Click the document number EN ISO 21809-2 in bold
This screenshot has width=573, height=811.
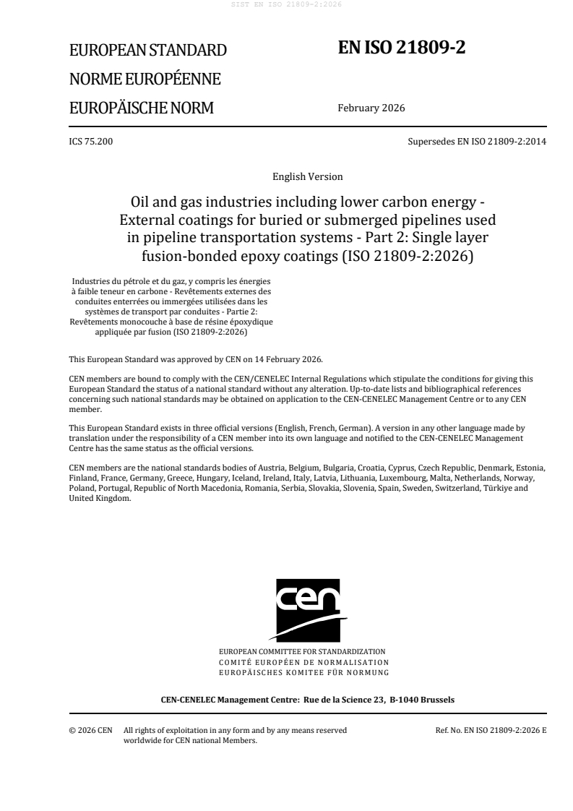pos(402,48)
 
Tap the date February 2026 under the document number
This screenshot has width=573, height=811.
pos(371,108)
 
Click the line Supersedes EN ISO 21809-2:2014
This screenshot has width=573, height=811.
pos(477,141)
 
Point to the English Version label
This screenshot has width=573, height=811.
pos(307,176)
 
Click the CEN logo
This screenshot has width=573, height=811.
pos(307,609)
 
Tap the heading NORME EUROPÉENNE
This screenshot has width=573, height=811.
pos(145,80)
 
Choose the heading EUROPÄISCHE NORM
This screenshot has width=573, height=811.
pos(141,108)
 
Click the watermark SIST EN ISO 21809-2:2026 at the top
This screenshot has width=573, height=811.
pos(286,4)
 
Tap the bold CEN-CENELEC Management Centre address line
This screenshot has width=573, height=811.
pos(307,699)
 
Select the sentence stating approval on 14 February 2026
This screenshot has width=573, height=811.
pos(196,359)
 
